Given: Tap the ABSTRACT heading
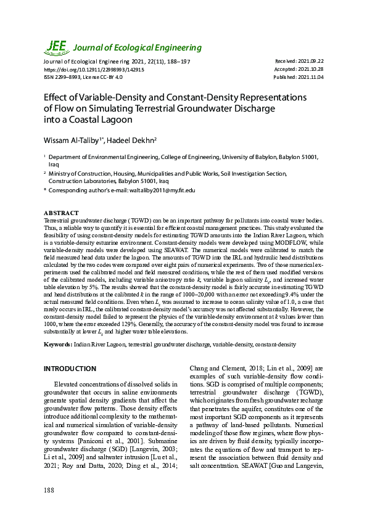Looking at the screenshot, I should click(61, 213).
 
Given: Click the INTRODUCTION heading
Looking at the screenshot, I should click(70, 369).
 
